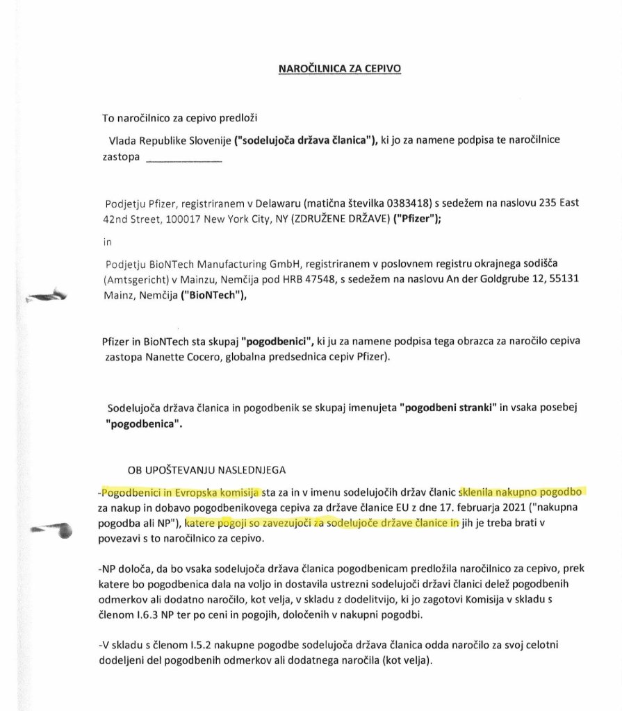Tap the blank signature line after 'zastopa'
click(185, 160)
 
